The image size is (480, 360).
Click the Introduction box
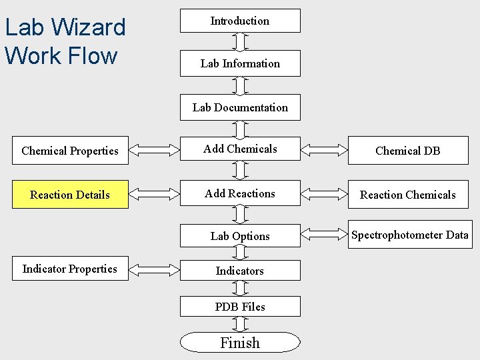[x=240, y=21]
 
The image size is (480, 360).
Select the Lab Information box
[x=240, y=63]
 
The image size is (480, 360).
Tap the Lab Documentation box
[x=240, y=107]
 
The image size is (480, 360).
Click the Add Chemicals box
[x=240, y=149]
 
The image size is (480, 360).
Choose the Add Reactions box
[x=240, y=193]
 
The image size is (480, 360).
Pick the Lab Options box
[x=240, y=236]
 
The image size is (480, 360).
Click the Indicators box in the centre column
[x=240, y=271]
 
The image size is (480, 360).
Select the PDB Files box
[x=240, y=307]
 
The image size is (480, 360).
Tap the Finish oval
[x=240, y=343]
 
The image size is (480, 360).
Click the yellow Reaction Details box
[x=70, y=195]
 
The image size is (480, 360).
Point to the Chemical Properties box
[x=70, y=151]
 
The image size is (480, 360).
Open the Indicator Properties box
[x=70, y=269]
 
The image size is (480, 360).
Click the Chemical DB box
[x=408, y=151]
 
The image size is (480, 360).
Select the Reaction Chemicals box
[x=408, y=195]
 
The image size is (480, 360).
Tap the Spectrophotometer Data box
[x=409, y=235]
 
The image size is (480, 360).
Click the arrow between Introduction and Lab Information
[x=240, y=41]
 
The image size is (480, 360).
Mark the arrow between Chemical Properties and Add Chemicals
[x=154, y=150]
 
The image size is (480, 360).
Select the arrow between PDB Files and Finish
[x=240, y=324]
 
